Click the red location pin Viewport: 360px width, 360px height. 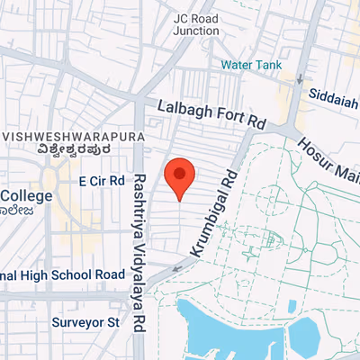tap(180, 175)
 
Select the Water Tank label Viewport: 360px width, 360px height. tap(251, 64)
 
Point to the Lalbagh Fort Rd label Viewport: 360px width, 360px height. tap(212, 112)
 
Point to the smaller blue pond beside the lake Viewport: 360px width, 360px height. tap(303, 336)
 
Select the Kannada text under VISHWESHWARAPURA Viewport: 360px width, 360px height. tap(59, 152)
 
